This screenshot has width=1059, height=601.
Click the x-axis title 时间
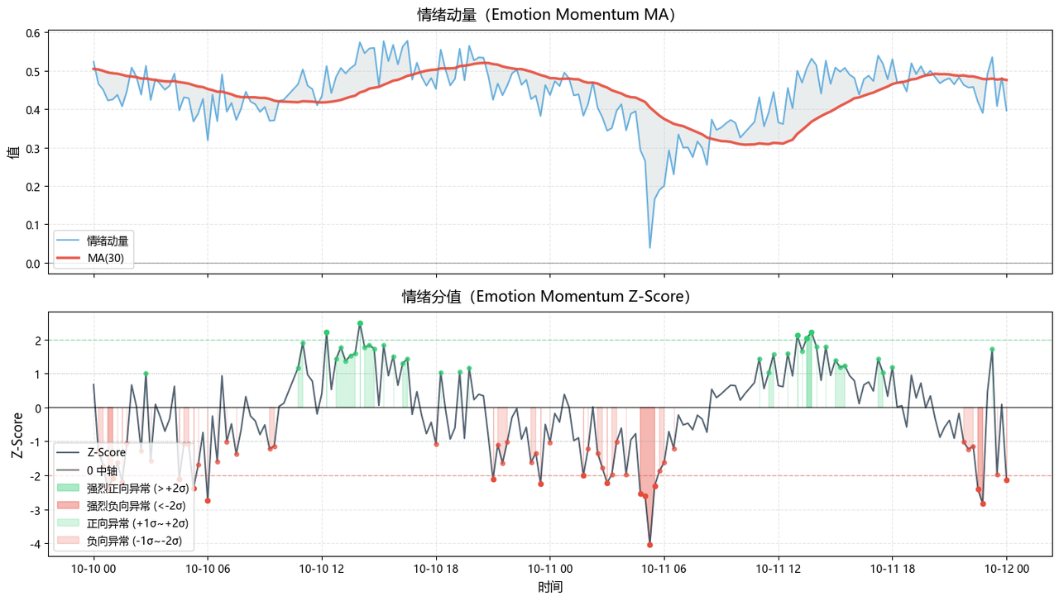(x=549, y=587)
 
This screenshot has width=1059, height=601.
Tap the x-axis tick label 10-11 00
(x=549, y=569)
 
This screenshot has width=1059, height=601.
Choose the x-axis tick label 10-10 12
(x=321, y=569)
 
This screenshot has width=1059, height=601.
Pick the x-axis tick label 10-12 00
(x=1006, y=569)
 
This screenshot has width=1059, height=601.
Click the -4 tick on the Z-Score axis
(x=36, y=544)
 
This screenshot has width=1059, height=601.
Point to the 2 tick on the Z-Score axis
(x=38, y=341)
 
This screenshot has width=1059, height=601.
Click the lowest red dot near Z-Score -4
(x=649, y=545)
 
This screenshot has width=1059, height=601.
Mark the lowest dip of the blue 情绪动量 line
(x=649, y=247)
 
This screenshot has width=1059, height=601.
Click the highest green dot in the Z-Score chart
(x=360, y=323)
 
